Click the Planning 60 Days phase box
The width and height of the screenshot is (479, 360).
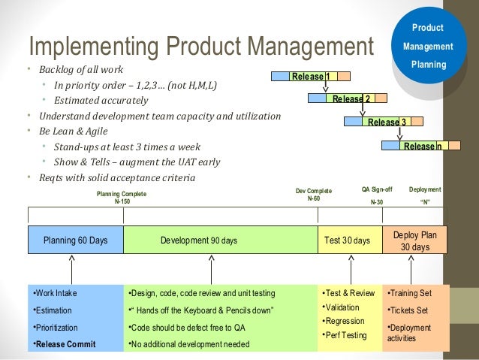click(75, 240)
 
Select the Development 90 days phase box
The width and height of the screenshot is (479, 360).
click(220, 240)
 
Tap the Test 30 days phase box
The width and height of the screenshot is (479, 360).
click(350, 240)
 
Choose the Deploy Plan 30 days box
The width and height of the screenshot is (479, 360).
click(414, 240)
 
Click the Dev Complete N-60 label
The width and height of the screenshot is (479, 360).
click(314, 194)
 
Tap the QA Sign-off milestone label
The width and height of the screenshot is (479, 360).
click(377, 190)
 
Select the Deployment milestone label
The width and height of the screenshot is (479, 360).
click(425, 190)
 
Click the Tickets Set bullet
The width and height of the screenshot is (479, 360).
click(408, 310)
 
